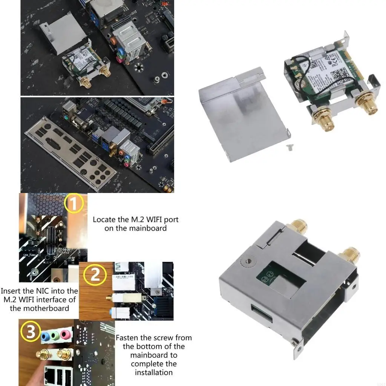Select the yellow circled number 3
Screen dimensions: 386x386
(32, 332)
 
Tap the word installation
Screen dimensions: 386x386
(154, 372)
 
